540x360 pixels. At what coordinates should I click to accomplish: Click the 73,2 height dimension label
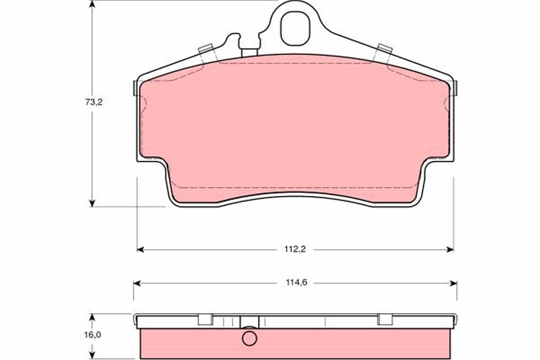(x=94, y=102)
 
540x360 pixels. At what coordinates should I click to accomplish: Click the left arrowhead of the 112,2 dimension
(x=140, y=249)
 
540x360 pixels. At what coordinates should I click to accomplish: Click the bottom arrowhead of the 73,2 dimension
(x=92, y=203)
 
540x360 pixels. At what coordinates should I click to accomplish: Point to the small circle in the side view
(x=249, y=338)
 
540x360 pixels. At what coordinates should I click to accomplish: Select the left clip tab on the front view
(x=206, y=49)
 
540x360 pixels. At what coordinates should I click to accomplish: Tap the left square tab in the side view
(x=205, y=319)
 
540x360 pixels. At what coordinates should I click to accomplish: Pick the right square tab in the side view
(x=385, y=319)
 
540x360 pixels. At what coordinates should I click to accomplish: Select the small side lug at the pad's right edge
(x=455, y=88)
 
